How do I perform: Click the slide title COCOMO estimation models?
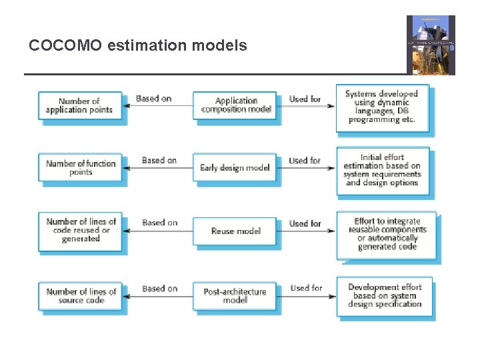click(x=138, y=46)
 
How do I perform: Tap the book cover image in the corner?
click(x=431, y=45)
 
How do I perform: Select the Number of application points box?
click(x=79, y=106)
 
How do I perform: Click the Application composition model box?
click(x=235, y=105)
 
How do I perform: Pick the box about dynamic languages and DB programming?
click(x=381, y=107)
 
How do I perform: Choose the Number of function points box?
click(x=80, y=167)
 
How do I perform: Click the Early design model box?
click(x=235, y=167)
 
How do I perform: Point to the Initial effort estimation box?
click(x=382, y=170)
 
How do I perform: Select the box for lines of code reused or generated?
click(x=80, y=230)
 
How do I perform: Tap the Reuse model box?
click(x=235, y=231)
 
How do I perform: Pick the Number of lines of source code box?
click(x=81, y=296)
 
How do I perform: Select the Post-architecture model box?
click(x=235, y=296)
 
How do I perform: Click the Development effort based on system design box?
click(x=385, y=296)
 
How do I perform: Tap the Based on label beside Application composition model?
click(x=153, y=99)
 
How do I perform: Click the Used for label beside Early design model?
click(x=305, y=161)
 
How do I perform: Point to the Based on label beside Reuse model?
click(x=159, y=223)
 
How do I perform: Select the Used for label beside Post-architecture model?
click(x=306, y=288)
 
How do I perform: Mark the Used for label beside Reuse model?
click(x=305, y=223)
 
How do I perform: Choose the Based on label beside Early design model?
click(x=159, y=161)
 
